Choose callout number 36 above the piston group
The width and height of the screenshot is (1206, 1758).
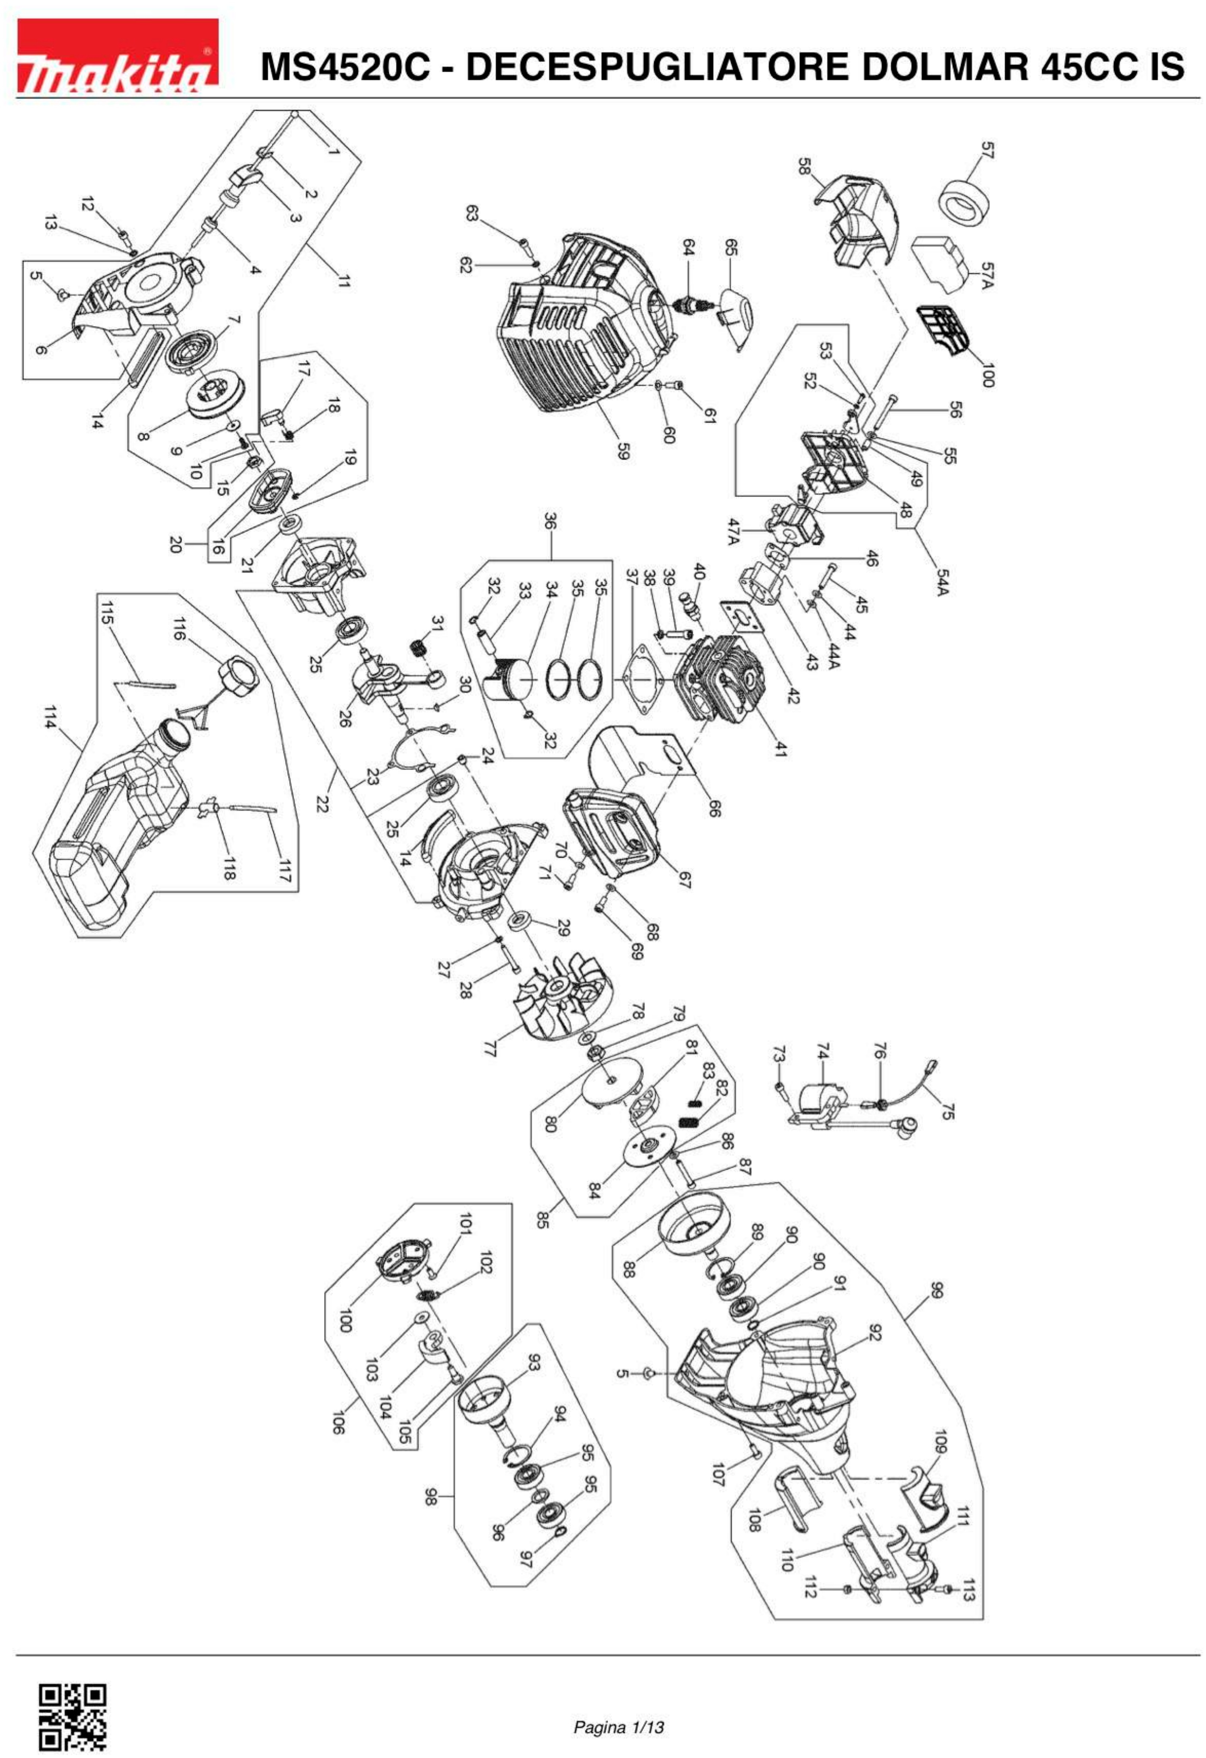[550, 522]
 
